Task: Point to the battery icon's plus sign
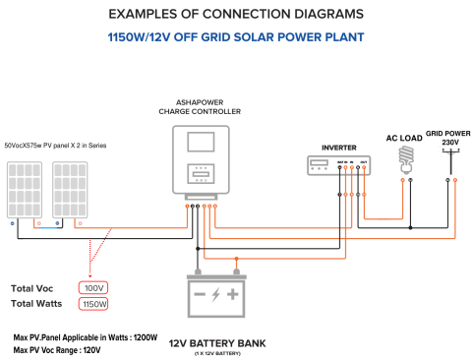(x=232, y=294)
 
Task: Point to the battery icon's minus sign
(x=200, y=294)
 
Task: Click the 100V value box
(x=94, y=288)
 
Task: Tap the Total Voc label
(x=38, y=288)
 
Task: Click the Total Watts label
(x=41, y=304)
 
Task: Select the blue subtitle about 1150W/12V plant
(x=235, y=36)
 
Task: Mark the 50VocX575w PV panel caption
(x=55, y=146)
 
